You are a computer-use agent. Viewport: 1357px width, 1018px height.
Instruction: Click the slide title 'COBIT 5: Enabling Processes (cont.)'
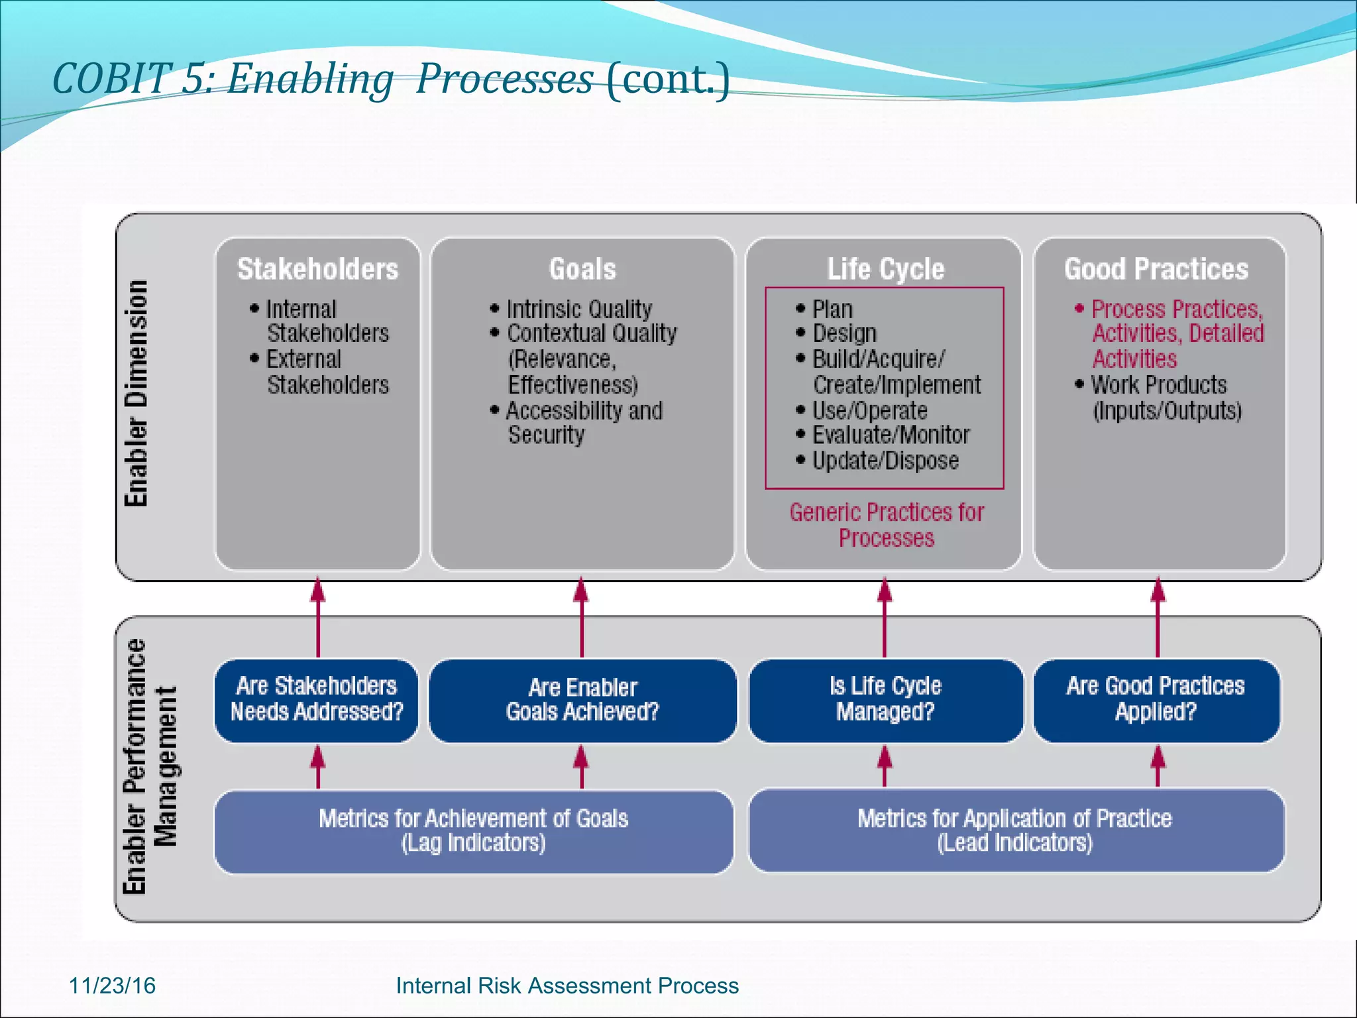point(391,79)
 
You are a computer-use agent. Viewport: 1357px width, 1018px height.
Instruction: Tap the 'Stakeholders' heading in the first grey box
point(318,269)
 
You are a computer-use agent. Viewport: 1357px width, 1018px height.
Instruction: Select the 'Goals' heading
point(582,269)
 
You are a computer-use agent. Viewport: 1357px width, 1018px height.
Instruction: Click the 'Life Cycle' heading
point(885,269)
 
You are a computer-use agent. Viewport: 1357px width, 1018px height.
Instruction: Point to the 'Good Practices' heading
point(1156,269)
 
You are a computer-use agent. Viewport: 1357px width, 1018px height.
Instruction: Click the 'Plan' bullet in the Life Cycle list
point(832,310)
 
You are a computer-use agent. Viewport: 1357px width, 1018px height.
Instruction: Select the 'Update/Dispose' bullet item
point(885,461)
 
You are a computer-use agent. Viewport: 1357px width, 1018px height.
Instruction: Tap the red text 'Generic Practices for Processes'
point(887,525)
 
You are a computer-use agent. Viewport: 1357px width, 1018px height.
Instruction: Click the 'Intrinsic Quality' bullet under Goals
point(578,310)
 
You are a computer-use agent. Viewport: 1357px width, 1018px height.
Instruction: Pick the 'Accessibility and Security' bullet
point(583,423)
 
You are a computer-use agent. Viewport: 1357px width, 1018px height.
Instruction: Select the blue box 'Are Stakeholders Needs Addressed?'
point(317,699)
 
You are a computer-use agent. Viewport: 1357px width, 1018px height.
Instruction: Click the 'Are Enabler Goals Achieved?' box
point(582,700)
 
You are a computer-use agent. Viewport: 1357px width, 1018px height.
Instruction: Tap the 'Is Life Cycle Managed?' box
point(885,699)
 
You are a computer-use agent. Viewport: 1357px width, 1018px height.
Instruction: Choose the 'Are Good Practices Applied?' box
point(1156,699)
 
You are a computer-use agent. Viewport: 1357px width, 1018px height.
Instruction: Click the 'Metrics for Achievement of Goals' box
point(473,831)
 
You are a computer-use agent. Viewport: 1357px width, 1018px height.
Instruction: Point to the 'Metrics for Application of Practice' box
point(1014,830)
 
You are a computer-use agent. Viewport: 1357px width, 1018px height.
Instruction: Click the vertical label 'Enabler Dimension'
point(136,394)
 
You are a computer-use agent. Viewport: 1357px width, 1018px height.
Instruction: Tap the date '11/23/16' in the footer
point(112,986)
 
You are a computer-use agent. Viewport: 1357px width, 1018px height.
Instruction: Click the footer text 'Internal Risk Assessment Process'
point(567,986)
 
